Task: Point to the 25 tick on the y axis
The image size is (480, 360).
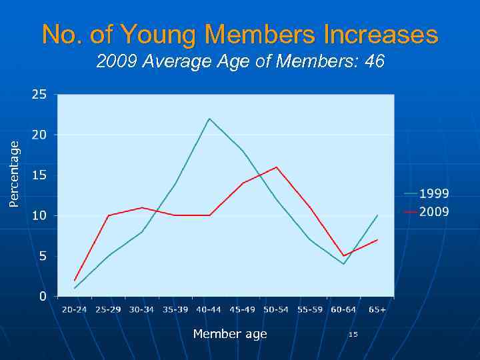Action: click(39, 95)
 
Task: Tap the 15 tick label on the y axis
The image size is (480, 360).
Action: click(39, 175)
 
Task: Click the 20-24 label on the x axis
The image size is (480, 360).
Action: click(75, 309)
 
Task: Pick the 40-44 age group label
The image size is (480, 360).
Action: click(209, 309)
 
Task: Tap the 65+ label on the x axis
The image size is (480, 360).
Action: click(377, 309)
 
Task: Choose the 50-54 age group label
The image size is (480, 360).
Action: click(276, 309)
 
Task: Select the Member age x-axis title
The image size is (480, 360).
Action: click(230, 334)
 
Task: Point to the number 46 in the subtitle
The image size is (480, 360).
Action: click(375, 62)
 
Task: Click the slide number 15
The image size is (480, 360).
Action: click(353, 334)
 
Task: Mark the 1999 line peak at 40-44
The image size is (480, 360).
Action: click(209, 119)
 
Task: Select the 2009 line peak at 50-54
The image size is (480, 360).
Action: click(276, 167)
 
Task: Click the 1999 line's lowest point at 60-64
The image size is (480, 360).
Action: click(344, 264)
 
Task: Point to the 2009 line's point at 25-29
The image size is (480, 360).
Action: click(108, 215)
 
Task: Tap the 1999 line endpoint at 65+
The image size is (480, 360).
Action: click(377, 215)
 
